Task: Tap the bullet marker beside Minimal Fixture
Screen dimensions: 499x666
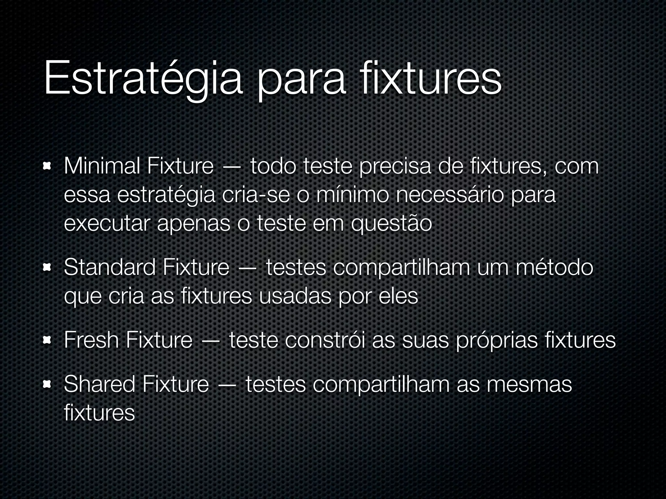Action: pyautogui.click(x=46, y=167)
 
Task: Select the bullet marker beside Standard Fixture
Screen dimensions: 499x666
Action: pyautogui.click(x=46, y=268)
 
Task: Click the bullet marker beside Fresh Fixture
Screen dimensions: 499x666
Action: pyautogui.click(x=46, y=341)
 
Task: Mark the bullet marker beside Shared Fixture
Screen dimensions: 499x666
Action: pyautogui.click(x=46, y=385)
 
